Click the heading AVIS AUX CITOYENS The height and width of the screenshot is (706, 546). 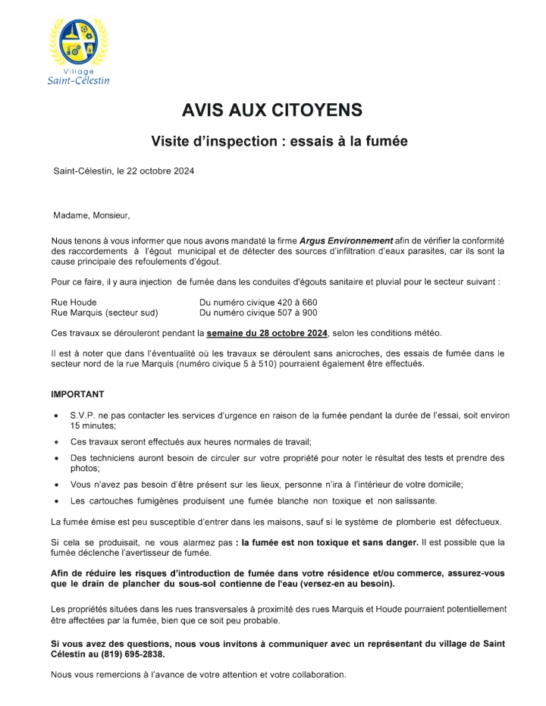272,111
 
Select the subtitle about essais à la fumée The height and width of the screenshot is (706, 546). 272,141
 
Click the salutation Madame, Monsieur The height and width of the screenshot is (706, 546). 92,215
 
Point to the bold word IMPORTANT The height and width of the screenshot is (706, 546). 77,395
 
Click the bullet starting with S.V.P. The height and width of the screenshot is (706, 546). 288,416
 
